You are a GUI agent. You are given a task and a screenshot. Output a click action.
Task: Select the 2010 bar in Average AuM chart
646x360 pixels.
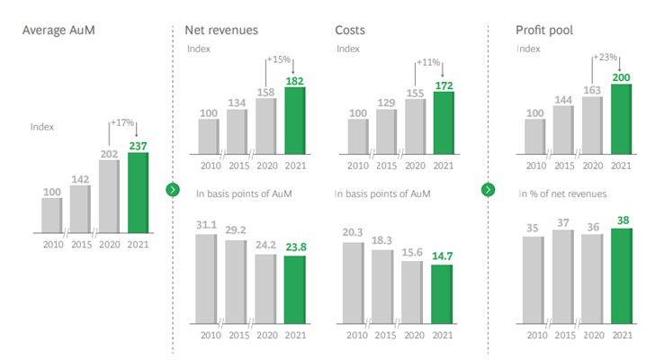click(x=51, y=213)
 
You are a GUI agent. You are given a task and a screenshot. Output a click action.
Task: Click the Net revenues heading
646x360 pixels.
click(x=220, y=31)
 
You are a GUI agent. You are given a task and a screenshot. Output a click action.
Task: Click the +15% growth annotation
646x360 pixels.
click(x=278, y=59)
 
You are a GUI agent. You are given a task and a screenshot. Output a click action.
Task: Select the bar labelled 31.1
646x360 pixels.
click(x=206, y=278)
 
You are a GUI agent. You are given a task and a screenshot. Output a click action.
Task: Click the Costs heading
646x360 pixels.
click(x=351, y=31)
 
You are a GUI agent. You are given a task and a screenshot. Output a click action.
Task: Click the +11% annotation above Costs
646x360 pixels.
click(x=428, y=63)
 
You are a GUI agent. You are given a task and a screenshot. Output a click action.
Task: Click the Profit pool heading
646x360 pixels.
click(x=545, y=31)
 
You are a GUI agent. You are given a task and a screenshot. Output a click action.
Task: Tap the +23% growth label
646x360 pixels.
click(x=605, y=57)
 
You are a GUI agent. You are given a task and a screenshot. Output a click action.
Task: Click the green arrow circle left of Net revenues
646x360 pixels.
click(x=173, y=190)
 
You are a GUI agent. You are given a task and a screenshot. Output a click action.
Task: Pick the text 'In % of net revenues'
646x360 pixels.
click(x=563, y=193)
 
